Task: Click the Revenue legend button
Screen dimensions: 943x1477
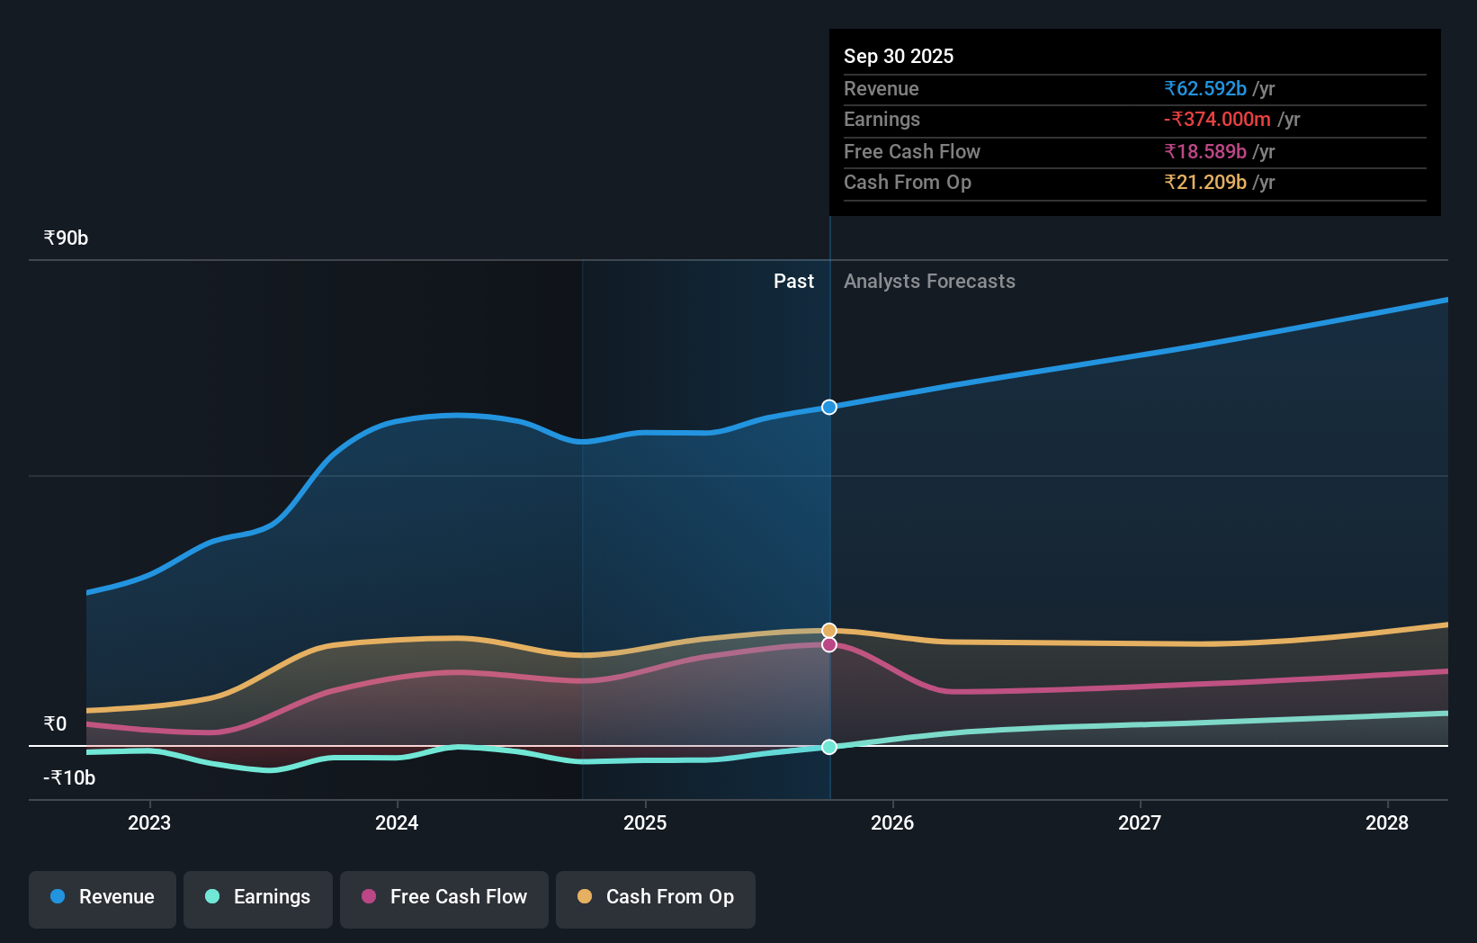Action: pyautogui.click(x=103, y=897)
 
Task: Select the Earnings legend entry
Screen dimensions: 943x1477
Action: pyautogui.click(x=258, y=897)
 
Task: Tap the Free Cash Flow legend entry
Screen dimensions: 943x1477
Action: pyautogui.click(x=444, y=897)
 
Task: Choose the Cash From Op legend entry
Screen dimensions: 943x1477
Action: pyautogui.click(x=656, y=897)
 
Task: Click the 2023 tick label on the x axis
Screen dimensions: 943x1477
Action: pyautogui.click(x=149, y=822)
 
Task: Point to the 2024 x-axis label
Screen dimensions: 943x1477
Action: pyautogui.click(x=397, y=822)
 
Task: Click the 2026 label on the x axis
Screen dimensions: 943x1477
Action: pyautogui.click(x=892, y=822)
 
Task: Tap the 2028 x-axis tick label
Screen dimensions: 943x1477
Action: pyautogui.click(x=1387, y=822)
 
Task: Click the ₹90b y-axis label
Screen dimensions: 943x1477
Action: pyautogui.click(x=66, y=238)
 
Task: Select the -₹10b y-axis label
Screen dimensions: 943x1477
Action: pyautogui.click(x=69, y=777)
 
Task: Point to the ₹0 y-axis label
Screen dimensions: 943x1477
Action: pyautogui.click(x=55, y=724)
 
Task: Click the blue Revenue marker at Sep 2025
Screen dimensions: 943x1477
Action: pyautogui.click(x=829, y=408)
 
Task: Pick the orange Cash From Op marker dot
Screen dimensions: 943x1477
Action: pyautogui.click(x=829, y=631)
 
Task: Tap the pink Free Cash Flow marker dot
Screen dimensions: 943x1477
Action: pyautogui.click(x=829, y=645)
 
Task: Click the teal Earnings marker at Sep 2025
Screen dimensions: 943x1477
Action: pyautogui.click(x=829, y=747)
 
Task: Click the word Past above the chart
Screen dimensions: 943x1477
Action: pyautogui.click(x=793, y=282)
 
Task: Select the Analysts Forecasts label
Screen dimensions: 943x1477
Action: pyautogui.click(x=929, y=282)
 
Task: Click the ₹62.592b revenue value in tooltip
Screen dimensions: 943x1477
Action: pyautogui.click(x=1205, y=89)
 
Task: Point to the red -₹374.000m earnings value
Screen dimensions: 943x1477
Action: pyautogui.click(x=1217, y=120)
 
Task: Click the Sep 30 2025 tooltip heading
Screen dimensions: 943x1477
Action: pyautogui.click(x=899, y=56)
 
